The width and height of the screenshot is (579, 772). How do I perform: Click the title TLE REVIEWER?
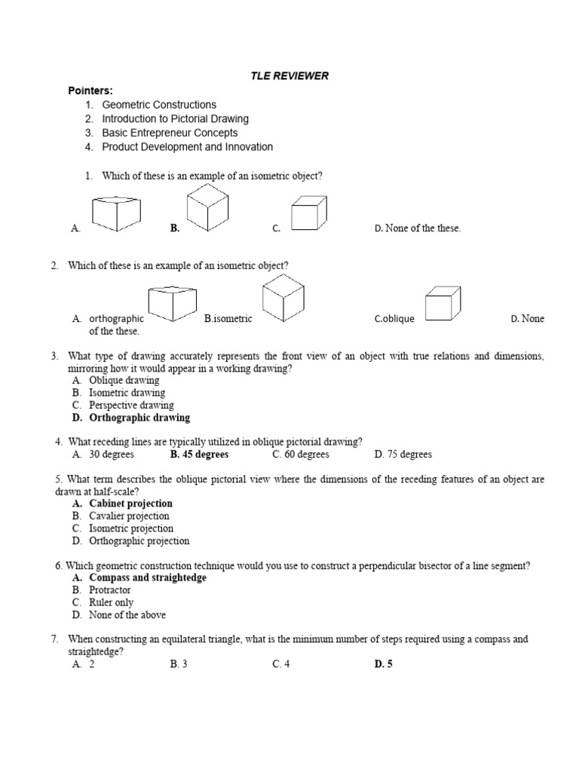click(x=289, y=76)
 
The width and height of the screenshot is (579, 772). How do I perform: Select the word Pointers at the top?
click(x=90, y=90)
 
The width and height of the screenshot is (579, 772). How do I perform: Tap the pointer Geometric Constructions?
click(x=159, y=105)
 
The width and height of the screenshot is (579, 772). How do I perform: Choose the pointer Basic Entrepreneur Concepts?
click(x=170, y=133)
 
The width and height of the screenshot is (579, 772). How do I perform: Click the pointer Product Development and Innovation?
click(x=187, y=147)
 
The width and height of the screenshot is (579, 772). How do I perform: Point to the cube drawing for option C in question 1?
click(x=309, y=213)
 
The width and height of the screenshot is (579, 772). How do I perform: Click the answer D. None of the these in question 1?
click(x=417, y=228)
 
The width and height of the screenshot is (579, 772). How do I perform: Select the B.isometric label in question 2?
click(x=228, y=319)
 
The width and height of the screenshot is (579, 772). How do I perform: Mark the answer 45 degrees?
click(x=199, y=455)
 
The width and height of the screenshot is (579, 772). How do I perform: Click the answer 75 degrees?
click(x=403, y=455)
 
